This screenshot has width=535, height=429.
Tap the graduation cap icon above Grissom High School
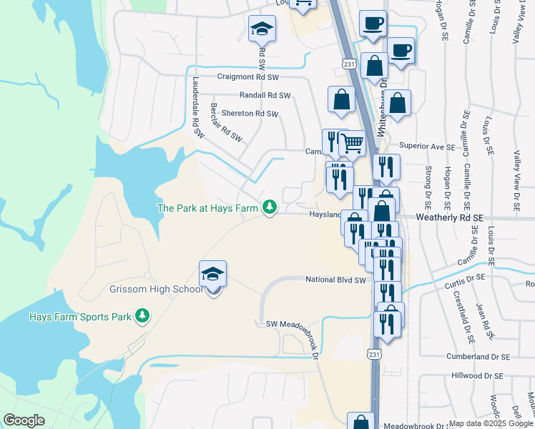(212, 274)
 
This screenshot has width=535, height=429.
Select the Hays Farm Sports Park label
(80, 316)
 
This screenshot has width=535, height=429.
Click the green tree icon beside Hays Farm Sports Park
(142, 315)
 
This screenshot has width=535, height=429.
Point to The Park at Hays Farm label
(207, 208)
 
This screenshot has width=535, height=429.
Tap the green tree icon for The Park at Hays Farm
(269, 207)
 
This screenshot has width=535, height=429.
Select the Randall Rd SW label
(265, 95)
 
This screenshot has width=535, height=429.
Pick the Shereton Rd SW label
(250, 114)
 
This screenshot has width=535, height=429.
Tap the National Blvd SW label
(335, 280)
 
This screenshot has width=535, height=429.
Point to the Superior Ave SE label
(427, 147)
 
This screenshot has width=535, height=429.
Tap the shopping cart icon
(352, 144)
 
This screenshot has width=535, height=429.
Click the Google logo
(24, 420)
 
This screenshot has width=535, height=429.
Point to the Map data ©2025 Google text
(491, 423)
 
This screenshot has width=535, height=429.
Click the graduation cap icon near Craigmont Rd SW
(262, 29)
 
